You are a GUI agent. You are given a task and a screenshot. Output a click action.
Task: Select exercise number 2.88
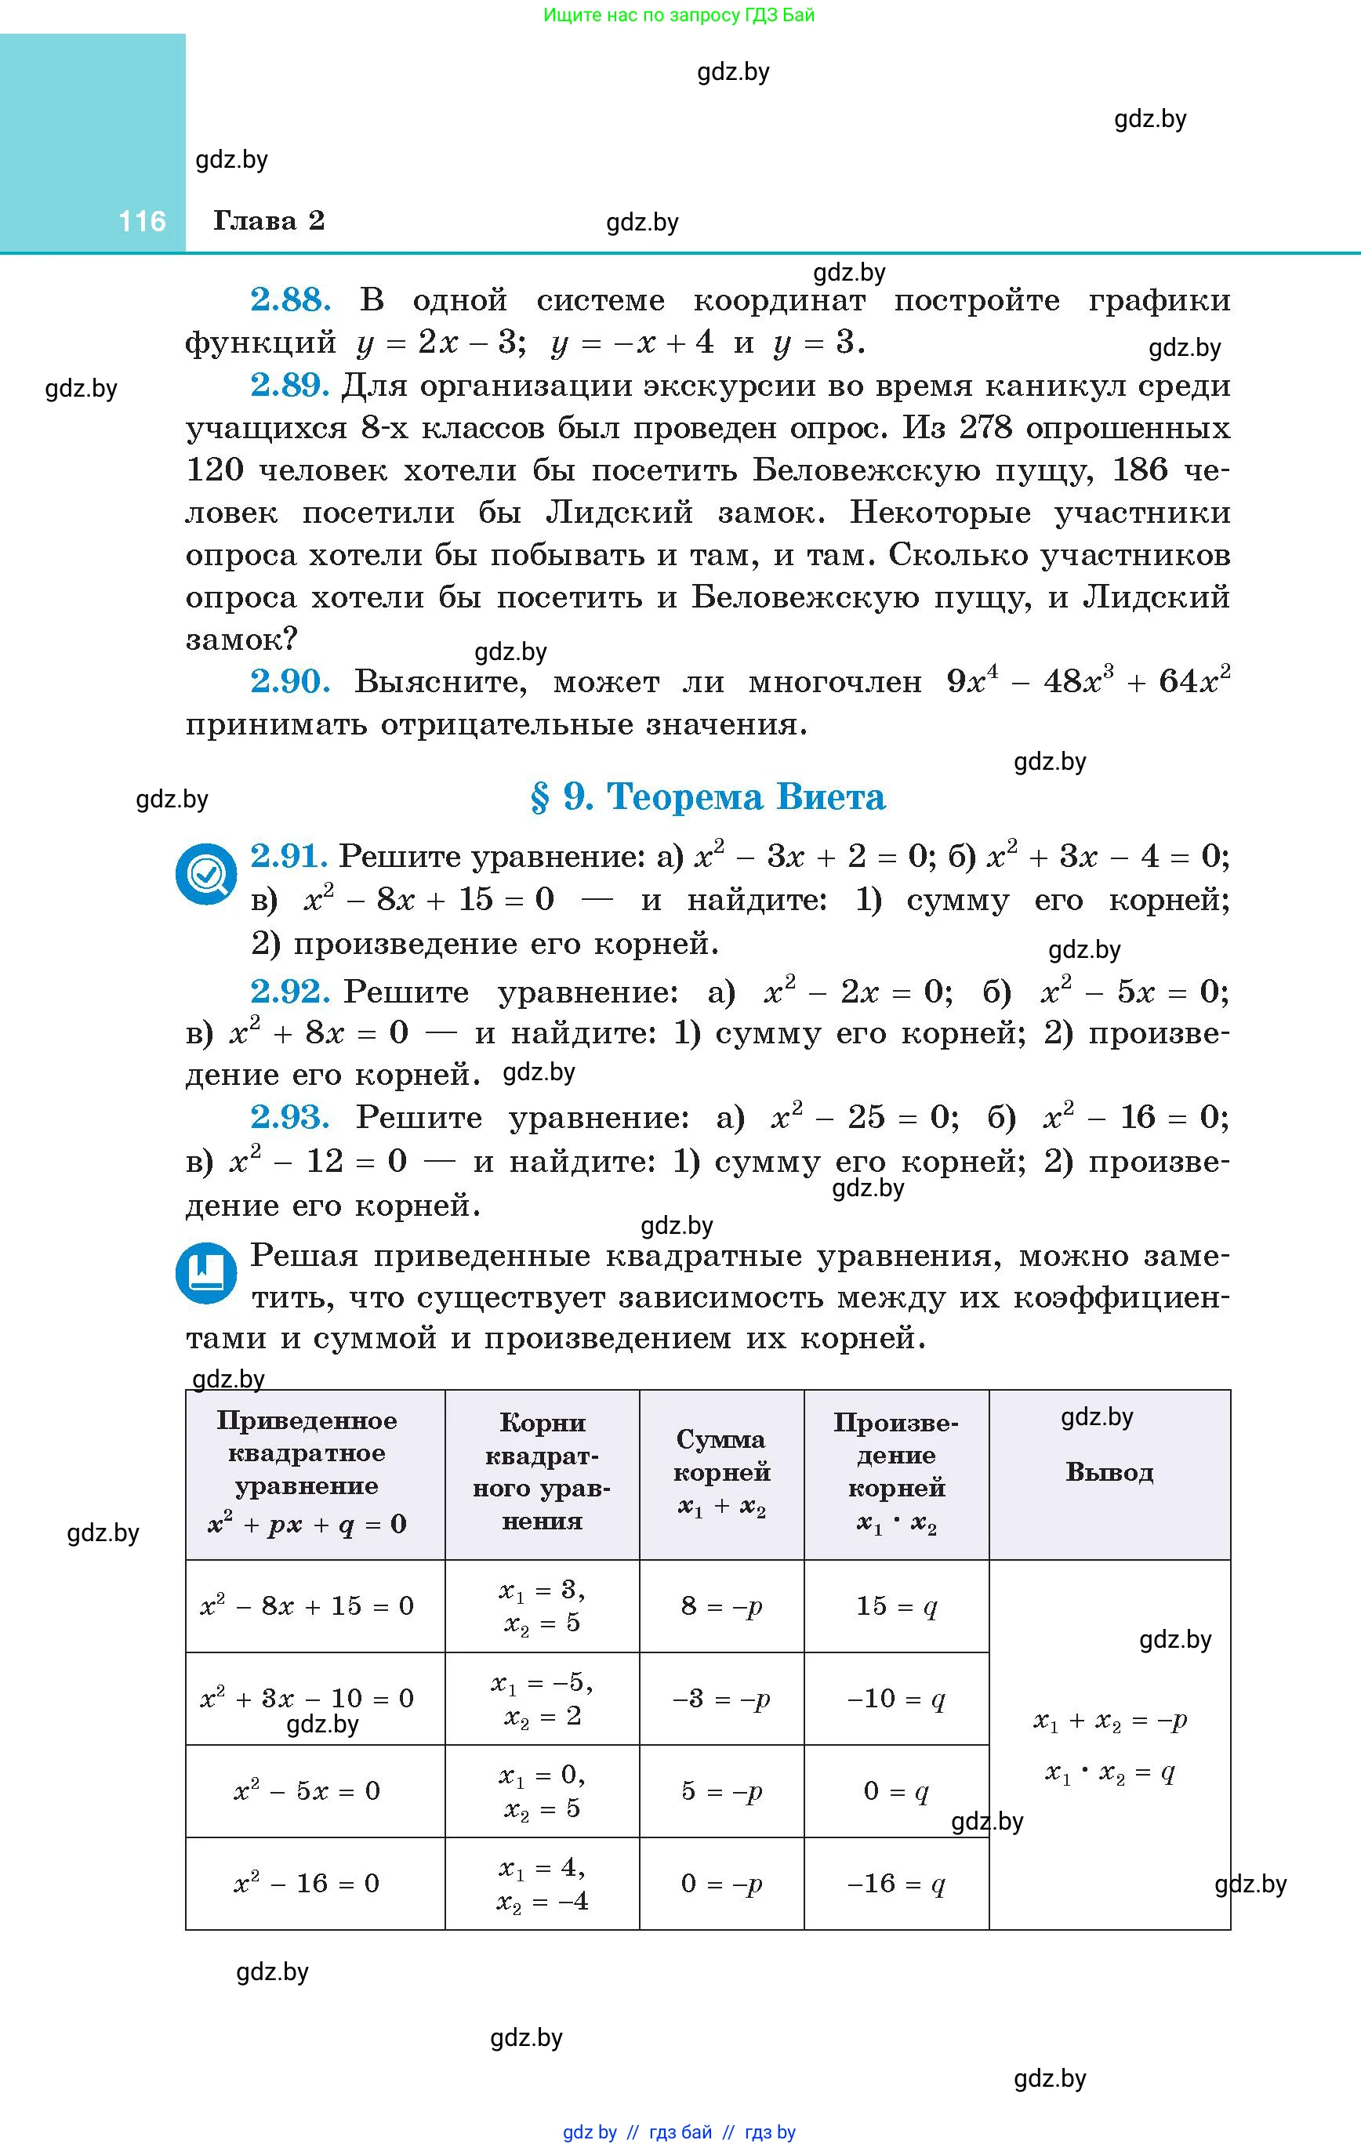point(290,299)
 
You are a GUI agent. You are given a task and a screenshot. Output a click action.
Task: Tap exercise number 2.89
point(290,385)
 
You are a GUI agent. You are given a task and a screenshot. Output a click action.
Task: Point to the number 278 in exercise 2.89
point(985,428)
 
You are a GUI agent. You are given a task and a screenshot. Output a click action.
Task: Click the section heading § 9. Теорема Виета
point(707,796)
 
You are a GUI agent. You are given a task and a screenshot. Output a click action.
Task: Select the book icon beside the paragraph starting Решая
point(206,1272)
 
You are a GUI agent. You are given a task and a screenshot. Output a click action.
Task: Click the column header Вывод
point(1109,1472)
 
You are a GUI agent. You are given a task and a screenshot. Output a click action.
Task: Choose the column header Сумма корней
point(721,1472)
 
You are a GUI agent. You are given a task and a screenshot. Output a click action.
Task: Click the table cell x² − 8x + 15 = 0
point(307,1606)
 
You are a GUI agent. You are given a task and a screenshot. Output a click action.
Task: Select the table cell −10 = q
point(895,1698)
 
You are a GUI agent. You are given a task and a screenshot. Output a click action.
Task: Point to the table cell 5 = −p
point(721,1790)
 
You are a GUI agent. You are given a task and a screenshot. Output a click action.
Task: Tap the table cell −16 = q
point(895,1883)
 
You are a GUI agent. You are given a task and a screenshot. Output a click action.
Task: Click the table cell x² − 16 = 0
point(307,1883)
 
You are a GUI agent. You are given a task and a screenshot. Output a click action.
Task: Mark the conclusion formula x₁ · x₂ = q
point(1109,1772)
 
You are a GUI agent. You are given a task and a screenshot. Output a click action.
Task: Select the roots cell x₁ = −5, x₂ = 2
point(543,1698)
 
